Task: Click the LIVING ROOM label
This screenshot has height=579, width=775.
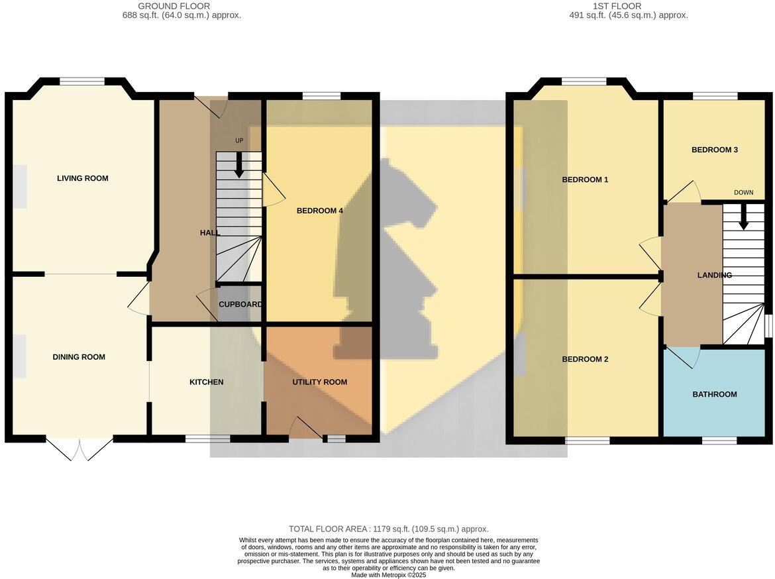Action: tap(82, 178)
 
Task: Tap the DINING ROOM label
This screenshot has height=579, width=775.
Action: tap(79, 357)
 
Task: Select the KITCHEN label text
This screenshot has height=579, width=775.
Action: tap(206, 382)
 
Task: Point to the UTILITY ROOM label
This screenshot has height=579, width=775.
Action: tap(320, 382)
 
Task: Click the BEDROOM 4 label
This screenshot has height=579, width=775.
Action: tap(319, 211)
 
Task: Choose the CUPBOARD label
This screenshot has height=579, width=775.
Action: tap(240, 305)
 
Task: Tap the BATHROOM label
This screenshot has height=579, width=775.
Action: tap(715, 395)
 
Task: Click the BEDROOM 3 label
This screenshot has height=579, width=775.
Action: tap(715, 150)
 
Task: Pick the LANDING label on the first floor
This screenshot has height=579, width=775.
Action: tap(715, 275)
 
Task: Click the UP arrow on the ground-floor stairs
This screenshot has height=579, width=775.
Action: tap(238, 166)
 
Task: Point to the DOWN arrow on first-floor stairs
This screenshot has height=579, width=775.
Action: tap(743, 215)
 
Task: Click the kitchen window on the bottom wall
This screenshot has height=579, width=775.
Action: tap(207, 439)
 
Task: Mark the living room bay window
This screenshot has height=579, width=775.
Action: tap(82, 81)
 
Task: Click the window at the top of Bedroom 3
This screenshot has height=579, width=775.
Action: tap(715, 97)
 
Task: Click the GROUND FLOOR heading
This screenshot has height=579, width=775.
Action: tap(174, 6)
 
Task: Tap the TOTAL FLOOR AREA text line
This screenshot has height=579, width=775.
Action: tap(388, 529)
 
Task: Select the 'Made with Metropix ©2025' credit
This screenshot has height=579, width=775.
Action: tap(389, 575)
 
